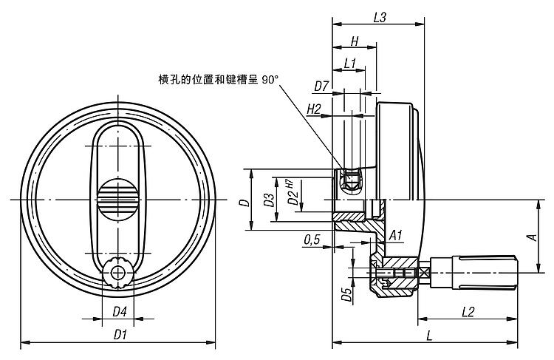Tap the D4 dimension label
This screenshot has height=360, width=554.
(x=119, y=313)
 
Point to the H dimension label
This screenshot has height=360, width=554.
(x=355, y=41)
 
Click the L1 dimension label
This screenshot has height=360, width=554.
(x=351, y=64)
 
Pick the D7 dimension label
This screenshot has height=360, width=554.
(x=321, y=86)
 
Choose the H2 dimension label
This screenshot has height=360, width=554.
(x=313, y=109)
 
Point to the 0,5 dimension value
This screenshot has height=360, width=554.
(x=311, y=239)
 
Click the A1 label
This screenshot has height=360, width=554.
(x=395, y=235)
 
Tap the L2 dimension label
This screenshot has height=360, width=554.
(x=467, y=313)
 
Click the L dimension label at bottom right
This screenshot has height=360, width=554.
(x=430, y=336)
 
